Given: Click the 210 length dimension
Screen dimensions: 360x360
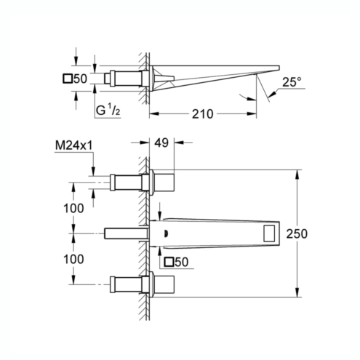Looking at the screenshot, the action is tap(203, 114).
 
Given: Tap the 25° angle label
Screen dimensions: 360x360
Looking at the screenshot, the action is tap(292, 82).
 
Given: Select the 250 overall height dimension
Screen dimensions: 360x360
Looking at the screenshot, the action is tap(297, 233).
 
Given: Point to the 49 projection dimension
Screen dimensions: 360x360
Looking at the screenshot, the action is tap(161, 143).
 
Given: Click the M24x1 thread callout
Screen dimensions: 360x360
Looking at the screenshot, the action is tap(74, 145).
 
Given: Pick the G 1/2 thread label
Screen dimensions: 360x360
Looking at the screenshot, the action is tap(108, 110).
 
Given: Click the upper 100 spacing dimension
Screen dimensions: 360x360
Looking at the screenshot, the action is tap(73, 208).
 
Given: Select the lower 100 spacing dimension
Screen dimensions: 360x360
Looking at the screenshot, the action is tap(73, 259).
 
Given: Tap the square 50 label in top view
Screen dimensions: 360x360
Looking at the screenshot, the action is tap(75, 79).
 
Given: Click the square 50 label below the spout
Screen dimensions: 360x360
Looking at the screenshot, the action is tap(176, 262).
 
